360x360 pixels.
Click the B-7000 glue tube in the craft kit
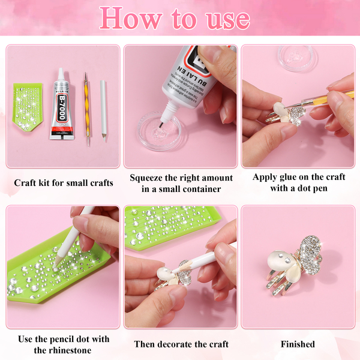[x=62, y=106]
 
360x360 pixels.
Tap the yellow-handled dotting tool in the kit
[x=87, y=109]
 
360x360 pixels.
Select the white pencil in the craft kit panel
[x=103, y=110]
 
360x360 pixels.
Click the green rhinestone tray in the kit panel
[x=27, y=106]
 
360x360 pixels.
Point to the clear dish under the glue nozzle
[x=159, y=131]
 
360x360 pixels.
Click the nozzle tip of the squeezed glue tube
[x=161, y=125]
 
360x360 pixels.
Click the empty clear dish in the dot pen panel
[x=295, y=58]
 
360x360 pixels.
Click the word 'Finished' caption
[x=298, y=344]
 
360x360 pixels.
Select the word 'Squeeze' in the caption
[x=145, y=178]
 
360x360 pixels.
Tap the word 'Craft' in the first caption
[x=25, y=183]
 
